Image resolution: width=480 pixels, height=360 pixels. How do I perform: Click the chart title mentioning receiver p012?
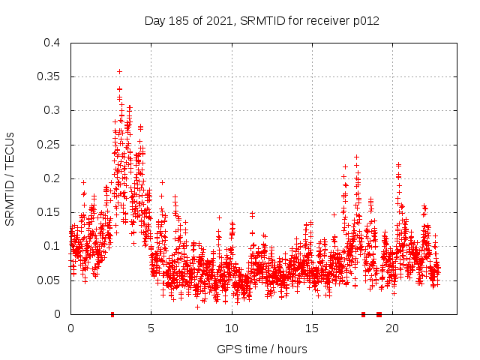point(262,21)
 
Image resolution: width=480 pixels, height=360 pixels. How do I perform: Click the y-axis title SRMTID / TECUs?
point(10,178)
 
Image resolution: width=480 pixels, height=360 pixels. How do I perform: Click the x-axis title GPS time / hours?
point(262,349)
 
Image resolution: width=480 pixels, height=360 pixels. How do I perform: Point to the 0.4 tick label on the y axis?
point(52,43)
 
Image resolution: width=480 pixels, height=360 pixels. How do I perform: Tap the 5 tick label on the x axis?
point(151,328)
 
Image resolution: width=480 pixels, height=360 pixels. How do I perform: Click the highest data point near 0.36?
point(119,71)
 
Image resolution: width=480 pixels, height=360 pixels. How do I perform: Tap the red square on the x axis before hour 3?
point(112,314)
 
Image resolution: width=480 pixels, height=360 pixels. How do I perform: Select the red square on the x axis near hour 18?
point(363,314)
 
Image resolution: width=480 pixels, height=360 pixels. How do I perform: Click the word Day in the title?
point(154,21)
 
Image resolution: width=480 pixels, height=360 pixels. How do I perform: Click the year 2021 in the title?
point(218,21)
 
